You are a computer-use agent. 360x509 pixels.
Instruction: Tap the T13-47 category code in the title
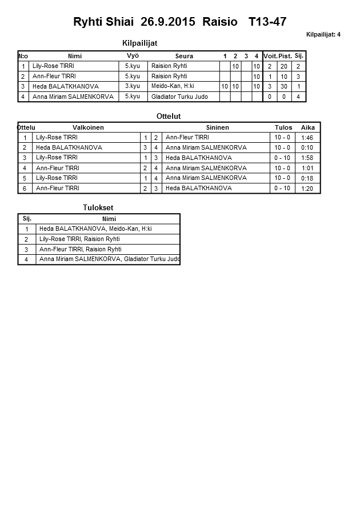tap(267, 22)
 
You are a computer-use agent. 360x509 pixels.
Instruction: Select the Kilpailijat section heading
tap(140, 43)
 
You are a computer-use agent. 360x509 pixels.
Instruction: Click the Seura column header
tap(184, 56)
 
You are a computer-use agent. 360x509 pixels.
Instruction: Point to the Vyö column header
tap(133, 55)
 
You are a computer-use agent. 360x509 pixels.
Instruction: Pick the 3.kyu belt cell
tap(133, 86)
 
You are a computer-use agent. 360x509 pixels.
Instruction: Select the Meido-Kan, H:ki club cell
tap(173, 86)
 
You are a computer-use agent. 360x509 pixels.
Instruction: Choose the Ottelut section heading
tap(169, 116)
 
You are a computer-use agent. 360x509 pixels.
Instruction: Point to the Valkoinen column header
tap(88, 127)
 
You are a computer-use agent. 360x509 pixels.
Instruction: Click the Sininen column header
tap(217, 127)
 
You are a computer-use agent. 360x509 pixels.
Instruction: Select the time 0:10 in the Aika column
tap(307, 147)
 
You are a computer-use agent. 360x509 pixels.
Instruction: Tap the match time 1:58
tap(307, 158)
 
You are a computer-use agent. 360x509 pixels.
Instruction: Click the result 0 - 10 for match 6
tap(282, 188)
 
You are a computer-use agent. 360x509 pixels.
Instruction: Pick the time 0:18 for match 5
tap(307, 178)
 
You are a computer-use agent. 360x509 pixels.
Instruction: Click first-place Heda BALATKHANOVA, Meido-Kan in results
tap(95, 229)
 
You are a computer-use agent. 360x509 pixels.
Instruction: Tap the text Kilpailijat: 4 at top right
tap(323, 34)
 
